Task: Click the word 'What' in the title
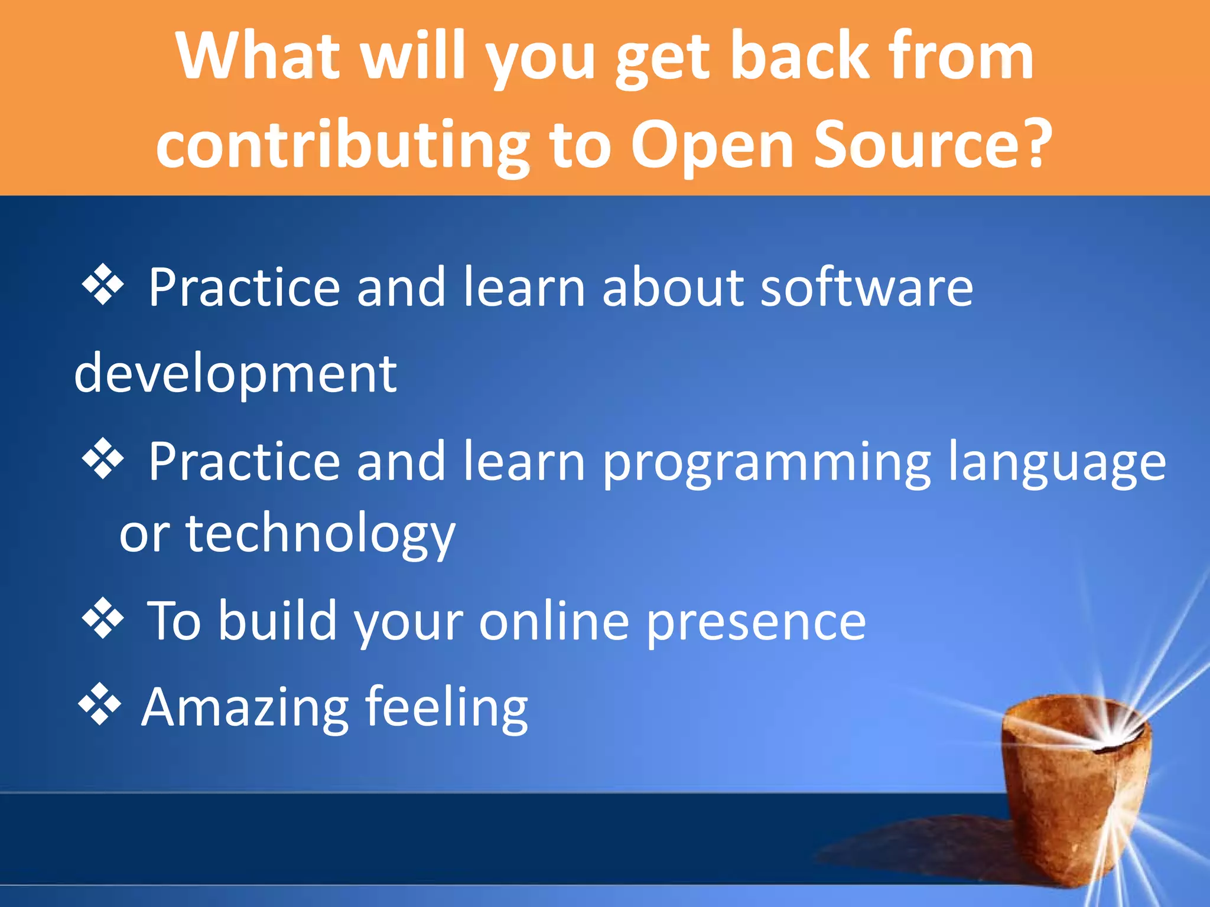(x=258, y=56)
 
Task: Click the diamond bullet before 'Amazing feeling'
(x=100, y=704)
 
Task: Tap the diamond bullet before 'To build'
(x=103, y=618)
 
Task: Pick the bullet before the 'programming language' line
(x=103, y=458)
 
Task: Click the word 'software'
(x=866, y=288)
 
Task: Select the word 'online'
(x=554, y=621)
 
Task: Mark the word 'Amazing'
(x=245, y=707)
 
